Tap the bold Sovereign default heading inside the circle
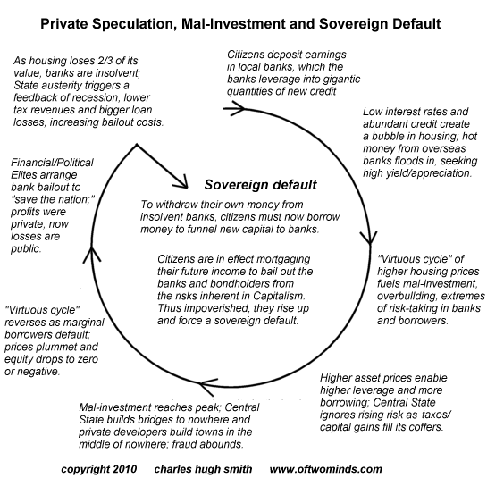coord(260,184)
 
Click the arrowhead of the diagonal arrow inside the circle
coord(181,182)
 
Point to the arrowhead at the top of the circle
coord(235,108)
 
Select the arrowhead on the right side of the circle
coord(369,238)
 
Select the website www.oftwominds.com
coord(326,469)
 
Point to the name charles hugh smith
coord(203,469)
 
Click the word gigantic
coord(341,80)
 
